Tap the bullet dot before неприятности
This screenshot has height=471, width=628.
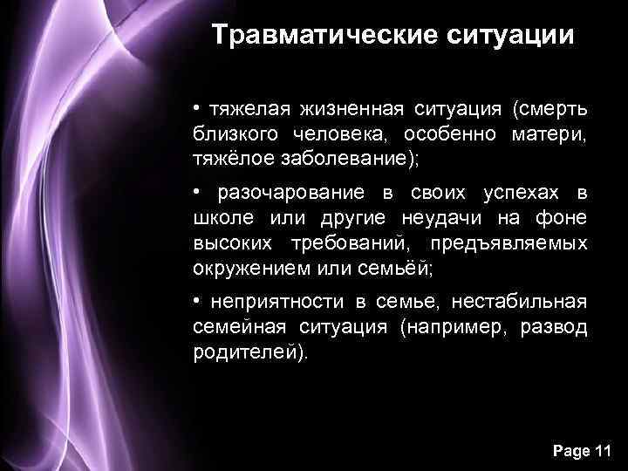(198, 301)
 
